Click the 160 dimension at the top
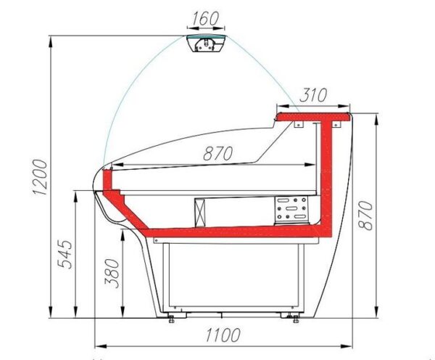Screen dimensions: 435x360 [205, 18]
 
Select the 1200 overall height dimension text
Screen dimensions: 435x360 [40, 178]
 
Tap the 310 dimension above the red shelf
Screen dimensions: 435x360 [314, 95]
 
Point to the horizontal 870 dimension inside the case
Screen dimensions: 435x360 [218, 153]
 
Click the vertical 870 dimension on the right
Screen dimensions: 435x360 [365, 216]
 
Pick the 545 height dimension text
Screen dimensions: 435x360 [65, 255]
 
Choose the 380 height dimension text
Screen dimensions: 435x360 [112, 273]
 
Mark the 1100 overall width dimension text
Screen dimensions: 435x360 [223, 335]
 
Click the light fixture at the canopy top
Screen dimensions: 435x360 [206, 44]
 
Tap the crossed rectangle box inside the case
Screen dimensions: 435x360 [201, 213]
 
